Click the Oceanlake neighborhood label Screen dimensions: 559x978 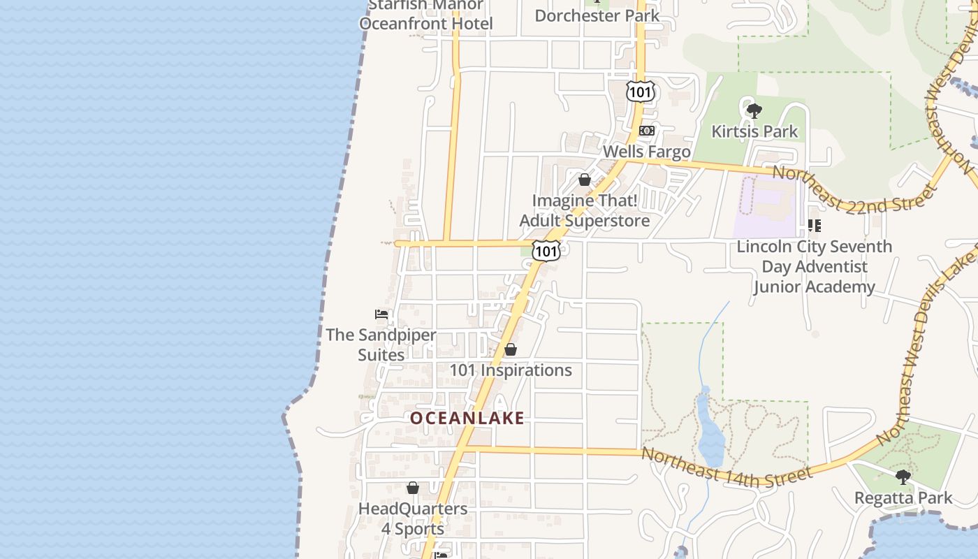click(467, 418)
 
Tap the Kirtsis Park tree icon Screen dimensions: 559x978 click(754, 110)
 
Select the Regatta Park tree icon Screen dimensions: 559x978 click(903, 477)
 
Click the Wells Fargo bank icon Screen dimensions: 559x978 click(647, 131)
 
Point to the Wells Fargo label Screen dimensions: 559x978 click(646, 151)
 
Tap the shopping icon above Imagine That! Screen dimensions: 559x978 click(585, 180)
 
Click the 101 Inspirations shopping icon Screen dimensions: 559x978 click(511, 349)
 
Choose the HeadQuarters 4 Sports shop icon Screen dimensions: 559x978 click(413, 488)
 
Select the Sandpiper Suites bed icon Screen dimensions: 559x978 click(381, 314)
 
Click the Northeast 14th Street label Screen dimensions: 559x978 click(727, 466)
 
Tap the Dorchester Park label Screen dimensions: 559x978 click(597, 15)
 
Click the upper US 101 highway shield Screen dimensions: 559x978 click(640, 92)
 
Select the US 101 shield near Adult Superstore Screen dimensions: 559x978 click(546, 251)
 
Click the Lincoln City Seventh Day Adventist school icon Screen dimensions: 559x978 click(814, 226)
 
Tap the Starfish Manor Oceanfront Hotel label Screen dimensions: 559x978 click(426, 15)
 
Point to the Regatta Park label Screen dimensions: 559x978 click(903, 498)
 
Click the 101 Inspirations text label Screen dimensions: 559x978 click(511, 370)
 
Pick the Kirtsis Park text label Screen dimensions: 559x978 click(754, 131)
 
